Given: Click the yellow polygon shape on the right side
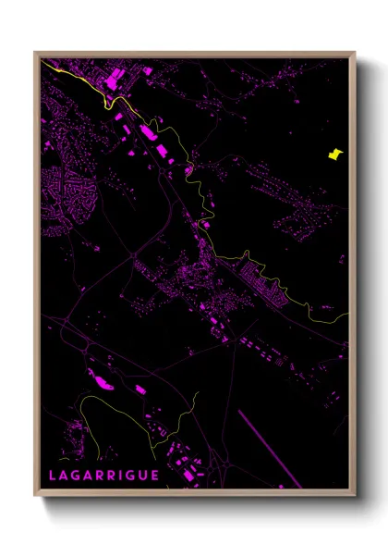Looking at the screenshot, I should point(334,155).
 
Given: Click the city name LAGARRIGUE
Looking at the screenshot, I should point(103,476).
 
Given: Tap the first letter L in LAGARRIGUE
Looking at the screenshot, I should point(53,476).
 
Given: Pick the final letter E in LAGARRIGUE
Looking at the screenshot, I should point(154,476).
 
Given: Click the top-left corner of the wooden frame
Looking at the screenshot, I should point(36,53).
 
